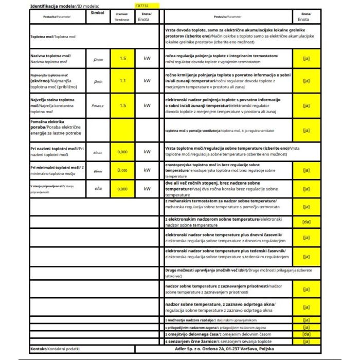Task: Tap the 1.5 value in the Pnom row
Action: (122, 59)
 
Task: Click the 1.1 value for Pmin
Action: (122, 81)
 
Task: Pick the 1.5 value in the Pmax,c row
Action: (122, 105)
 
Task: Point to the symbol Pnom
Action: (98, 59)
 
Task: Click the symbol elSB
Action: (98, 189)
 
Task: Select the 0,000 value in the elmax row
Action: (122, 152)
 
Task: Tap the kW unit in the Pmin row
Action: (147, 81)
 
